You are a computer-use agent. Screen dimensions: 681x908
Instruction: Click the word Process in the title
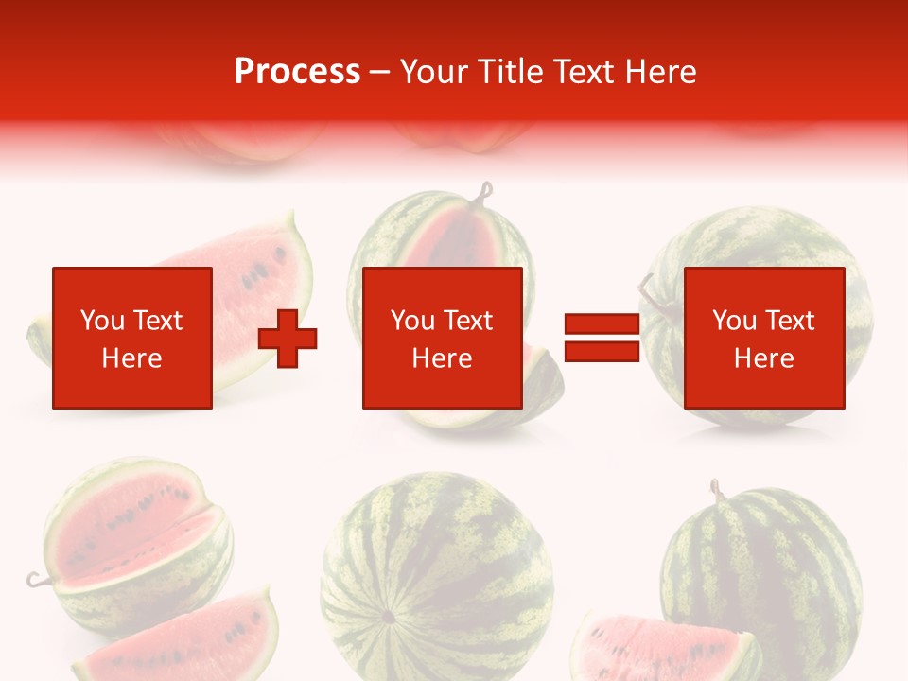pyautogui.click(x=297, y=72)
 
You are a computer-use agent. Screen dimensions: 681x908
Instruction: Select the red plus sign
pyautogui.click(x=288, y=338)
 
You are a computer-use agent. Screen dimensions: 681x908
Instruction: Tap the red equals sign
pyautogui.click(x=602, y=338)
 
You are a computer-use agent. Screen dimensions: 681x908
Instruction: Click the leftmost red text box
pyautogui.click(x=131, y=338)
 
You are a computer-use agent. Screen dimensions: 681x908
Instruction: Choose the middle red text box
pyautogui.click(x=442, y=338)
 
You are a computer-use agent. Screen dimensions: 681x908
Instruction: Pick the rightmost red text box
pyautogui.click(x=763, y=338)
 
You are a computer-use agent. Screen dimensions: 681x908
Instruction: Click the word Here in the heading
pyautogui.click(x=659, y=72)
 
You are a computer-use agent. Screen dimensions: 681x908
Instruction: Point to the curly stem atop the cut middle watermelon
pyautogui.click(x=486, y=194)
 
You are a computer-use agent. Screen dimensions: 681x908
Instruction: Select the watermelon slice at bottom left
pyautogui.click(x=180, y=638)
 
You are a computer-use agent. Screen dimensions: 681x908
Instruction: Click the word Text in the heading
pyautogui.click(x=581, y=72)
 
